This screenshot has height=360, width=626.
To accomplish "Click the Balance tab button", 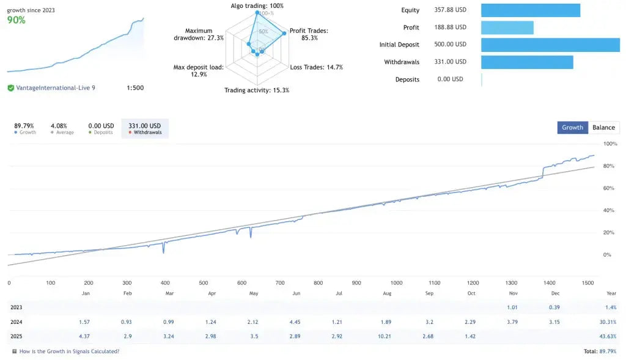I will coord(603,127).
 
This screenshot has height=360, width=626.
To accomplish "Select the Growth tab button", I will coord(572,127).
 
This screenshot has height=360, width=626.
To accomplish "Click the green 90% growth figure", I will coord(17,20).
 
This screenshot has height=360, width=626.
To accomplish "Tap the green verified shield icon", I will coord(11,88).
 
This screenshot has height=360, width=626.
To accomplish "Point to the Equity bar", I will coord(530,10).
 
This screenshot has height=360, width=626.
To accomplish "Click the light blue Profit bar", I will coord(507,28).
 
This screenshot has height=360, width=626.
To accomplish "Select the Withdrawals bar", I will coord(527,62).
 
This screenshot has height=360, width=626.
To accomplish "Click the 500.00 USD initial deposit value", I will coord(450,45).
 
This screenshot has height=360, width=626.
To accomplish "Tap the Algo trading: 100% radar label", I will coord(257,6).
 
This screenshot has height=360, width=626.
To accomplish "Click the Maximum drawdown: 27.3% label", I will coord(199,34).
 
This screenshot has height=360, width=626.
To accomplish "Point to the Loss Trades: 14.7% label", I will coord(316,67).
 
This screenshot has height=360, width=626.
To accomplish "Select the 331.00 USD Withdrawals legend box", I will coord(145,128).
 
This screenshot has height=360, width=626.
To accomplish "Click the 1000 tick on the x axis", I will coord(396,283).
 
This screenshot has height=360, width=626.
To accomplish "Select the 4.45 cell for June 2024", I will coord(296,322).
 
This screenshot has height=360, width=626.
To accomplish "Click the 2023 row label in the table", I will coord(17,307).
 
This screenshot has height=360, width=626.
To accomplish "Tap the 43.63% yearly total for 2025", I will coord(607,337).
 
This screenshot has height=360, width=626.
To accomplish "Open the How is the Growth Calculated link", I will coord(69,351).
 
